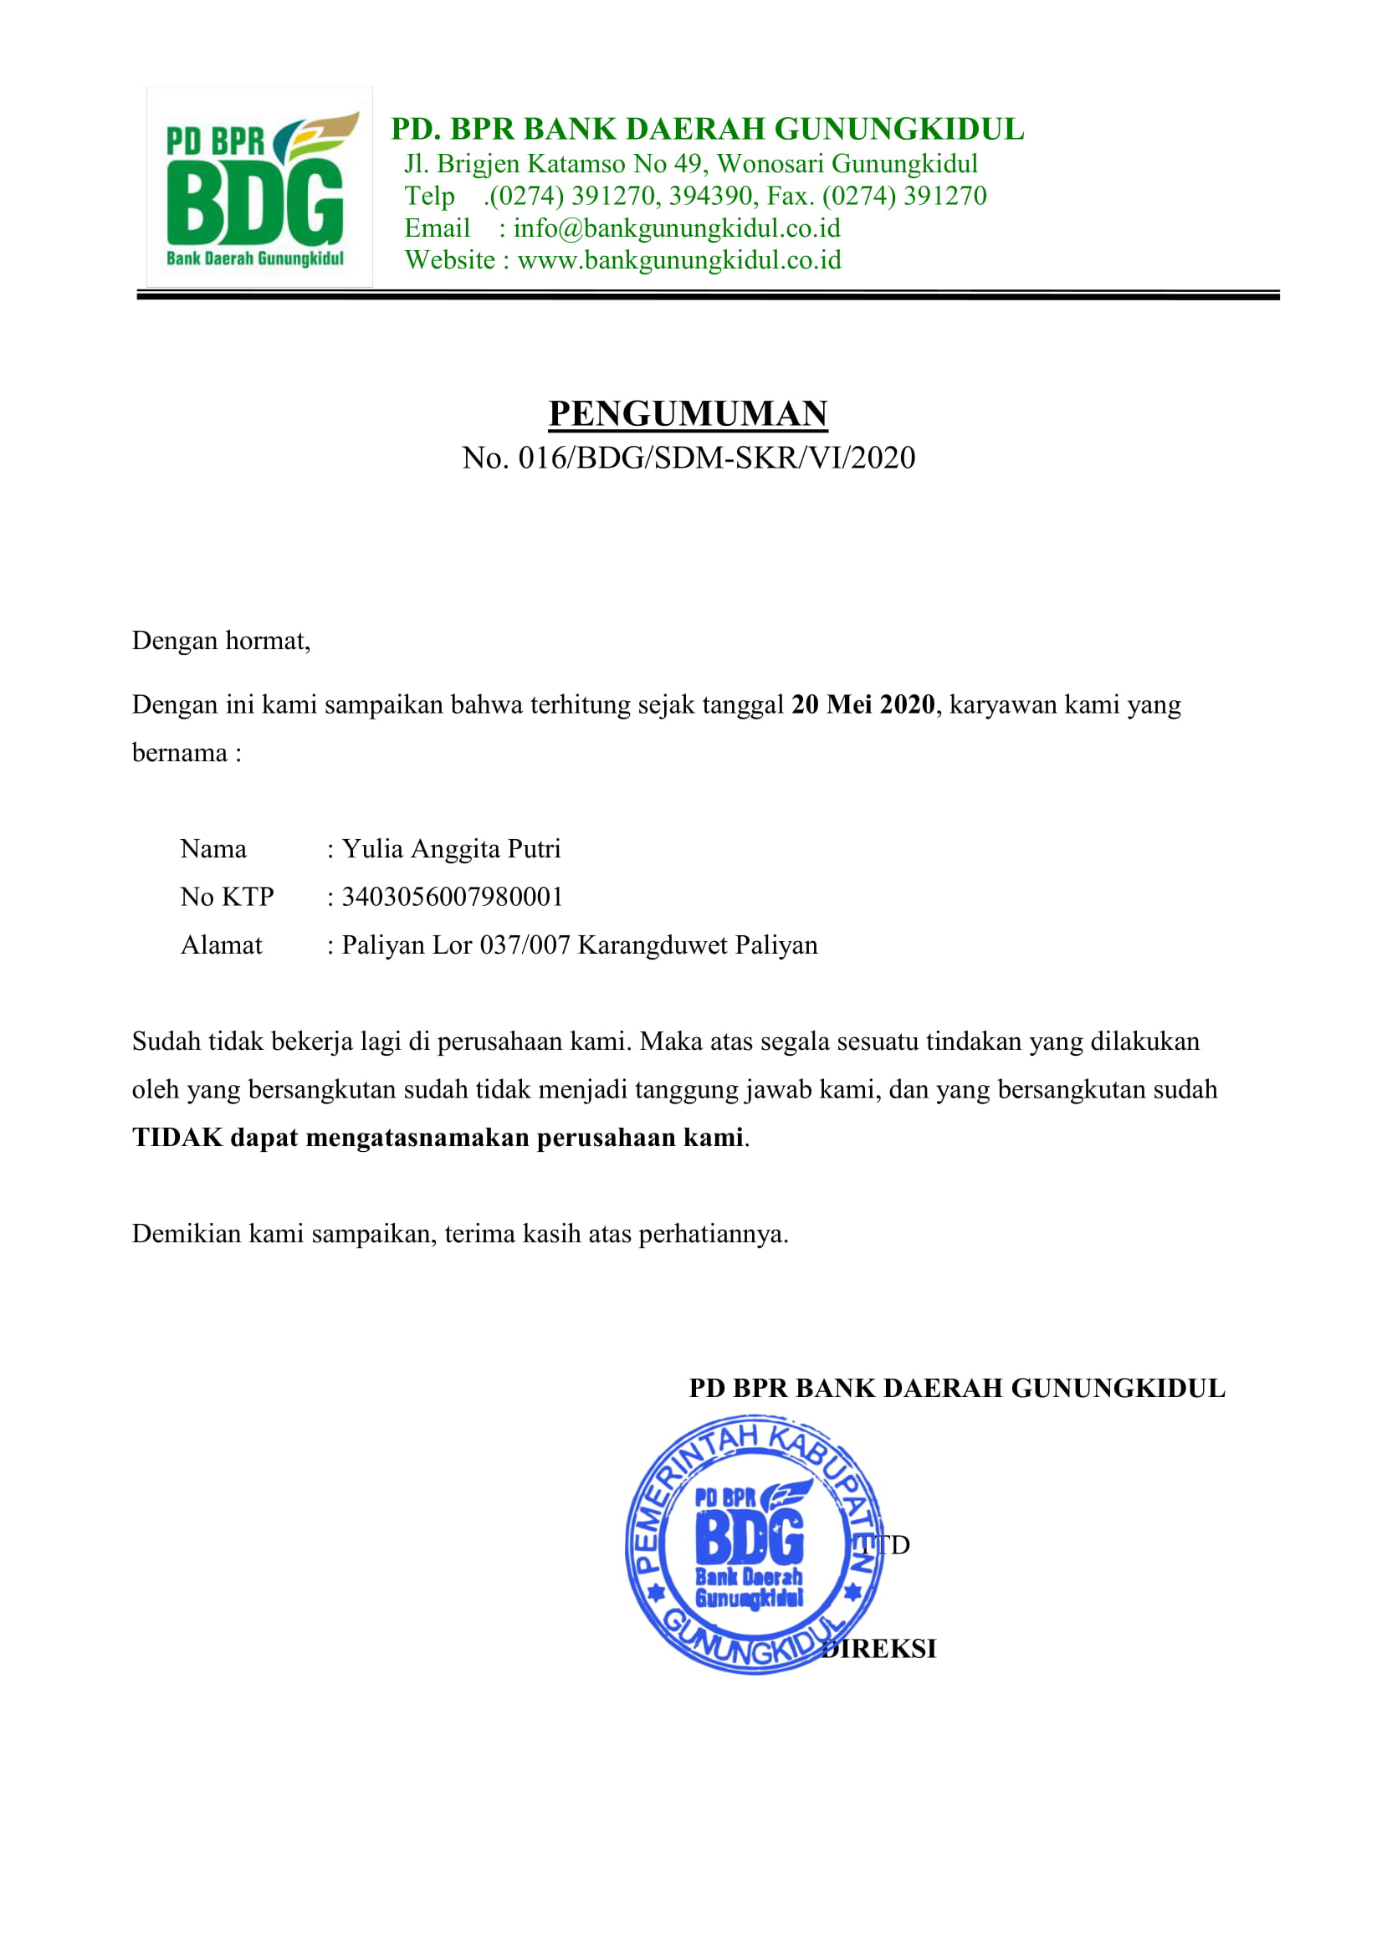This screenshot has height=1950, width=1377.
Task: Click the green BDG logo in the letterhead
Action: tap(259, 187)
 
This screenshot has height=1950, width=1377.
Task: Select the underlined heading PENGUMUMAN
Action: tap(687, 413)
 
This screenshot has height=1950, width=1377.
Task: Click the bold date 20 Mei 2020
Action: tap(863, 705)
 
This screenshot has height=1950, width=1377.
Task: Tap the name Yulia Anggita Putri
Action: tap(451, 848)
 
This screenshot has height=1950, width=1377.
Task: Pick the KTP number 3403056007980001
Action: tap(452, 897)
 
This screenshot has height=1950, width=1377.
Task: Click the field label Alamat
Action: tap(221, 945)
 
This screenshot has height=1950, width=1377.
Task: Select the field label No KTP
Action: tap(227, 897)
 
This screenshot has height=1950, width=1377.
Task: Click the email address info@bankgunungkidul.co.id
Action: tap(676, 228)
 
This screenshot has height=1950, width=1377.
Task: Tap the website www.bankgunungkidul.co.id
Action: tap(678, 260)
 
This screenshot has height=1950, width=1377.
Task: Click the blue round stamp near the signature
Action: tap(753, 1543)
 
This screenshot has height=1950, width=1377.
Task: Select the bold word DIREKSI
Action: tap(883, 1649)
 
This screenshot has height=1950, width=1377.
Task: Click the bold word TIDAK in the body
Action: tap(177, 1137)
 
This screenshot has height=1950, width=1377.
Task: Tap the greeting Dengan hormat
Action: tap(221, 640)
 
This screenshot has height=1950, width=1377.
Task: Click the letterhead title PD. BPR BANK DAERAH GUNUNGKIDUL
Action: tap(707, 129)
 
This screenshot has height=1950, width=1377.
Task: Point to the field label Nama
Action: tap(213, 848)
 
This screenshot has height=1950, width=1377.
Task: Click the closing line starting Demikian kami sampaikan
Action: tap(459, 1233)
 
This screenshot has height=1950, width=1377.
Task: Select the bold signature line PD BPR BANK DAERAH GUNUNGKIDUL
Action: tap(956, 1388)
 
